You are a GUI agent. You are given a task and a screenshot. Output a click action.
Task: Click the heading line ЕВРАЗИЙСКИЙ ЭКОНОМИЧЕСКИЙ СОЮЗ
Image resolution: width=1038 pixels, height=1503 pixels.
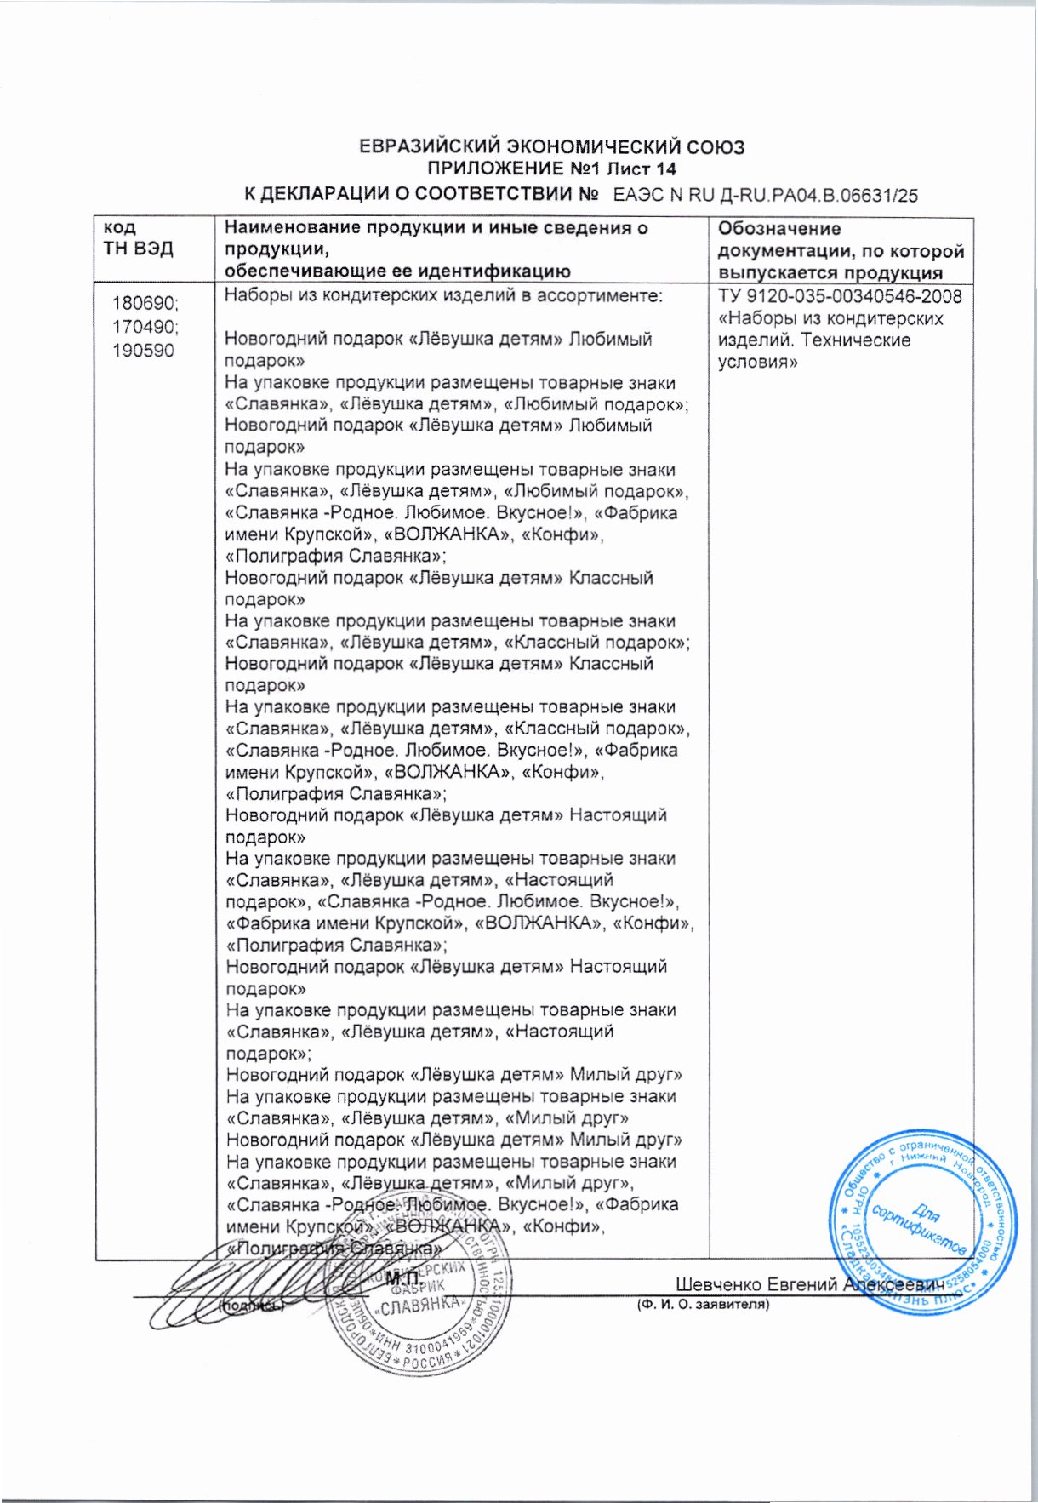550,147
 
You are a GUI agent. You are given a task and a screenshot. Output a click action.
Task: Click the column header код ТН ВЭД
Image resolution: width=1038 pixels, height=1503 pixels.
138,238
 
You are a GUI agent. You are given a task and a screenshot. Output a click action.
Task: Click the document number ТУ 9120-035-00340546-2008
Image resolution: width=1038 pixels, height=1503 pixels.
841,297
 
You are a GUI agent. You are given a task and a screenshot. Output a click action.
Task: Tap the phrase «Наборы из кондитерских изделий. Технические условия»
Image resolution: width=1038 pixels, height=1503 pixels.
830,340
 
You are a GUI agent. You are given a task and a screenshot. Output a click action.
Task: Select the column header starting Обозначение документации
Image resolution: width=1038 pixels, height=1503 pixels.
841,250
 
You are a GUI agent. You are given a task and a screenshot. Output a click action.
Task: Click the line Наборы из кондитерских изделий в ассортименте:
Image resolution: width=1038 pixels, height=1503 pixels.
443,296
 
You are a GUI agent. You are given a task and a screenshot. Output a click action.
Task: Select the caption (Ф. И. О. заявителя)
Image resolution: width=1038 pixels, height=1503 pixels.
703,1303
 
